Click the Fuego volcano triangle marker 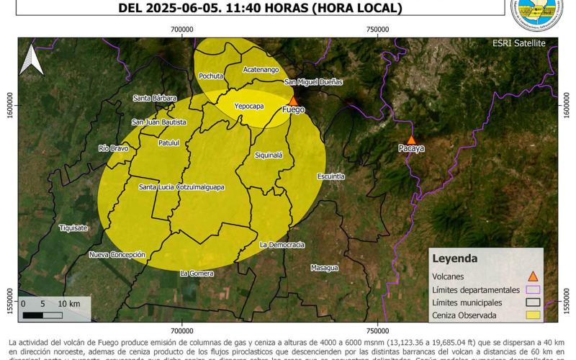pyautogui.click(x=293, y=101)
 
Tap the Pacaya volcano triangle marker pyautogui.click(x=411, y=140)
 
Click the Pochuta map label pyautogui.click(x=211, y=76)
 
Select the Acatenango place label pyautogui.click(x=260, y=69)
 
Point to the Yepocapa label pyautogui.click(x=249, y=106)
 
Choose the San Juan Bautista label pyautogui.click(x=159, y=122)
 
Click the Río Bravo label pyautogui.click(x=113, y=148)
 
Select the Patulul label pyautogui.click(x=168, y=143)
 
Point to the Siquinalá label pyautogui.click(x=269, y=155)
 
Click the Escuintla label pyautogui.click(x=330, y=176)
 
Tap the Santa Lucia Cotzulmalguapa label pyautogui.click(x=181, y=187)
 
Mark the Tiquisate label pyautogui.click(x=73, y=228)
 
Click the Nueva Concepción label pyautogui.click(x=117, y=255)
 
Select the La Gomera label pyautogui.click(x=197, y=273)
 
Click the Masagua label pyautogui.click(x=324, y=268)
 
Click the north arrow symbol pyautogui.click(x=30, y=60)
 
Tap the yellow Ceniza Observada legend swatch pyautogui.click(x=533, y=315)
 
